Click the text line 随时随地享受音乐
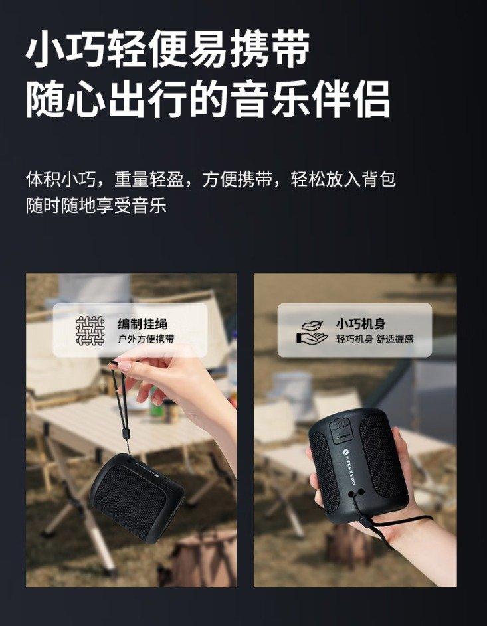pos(96,205)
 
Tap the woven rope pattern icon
pos(90,330)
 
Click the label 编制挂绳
pos(142,323)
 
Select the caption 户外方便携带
pos(146,339)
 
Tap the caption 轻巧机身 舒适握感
pos(375,339)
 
